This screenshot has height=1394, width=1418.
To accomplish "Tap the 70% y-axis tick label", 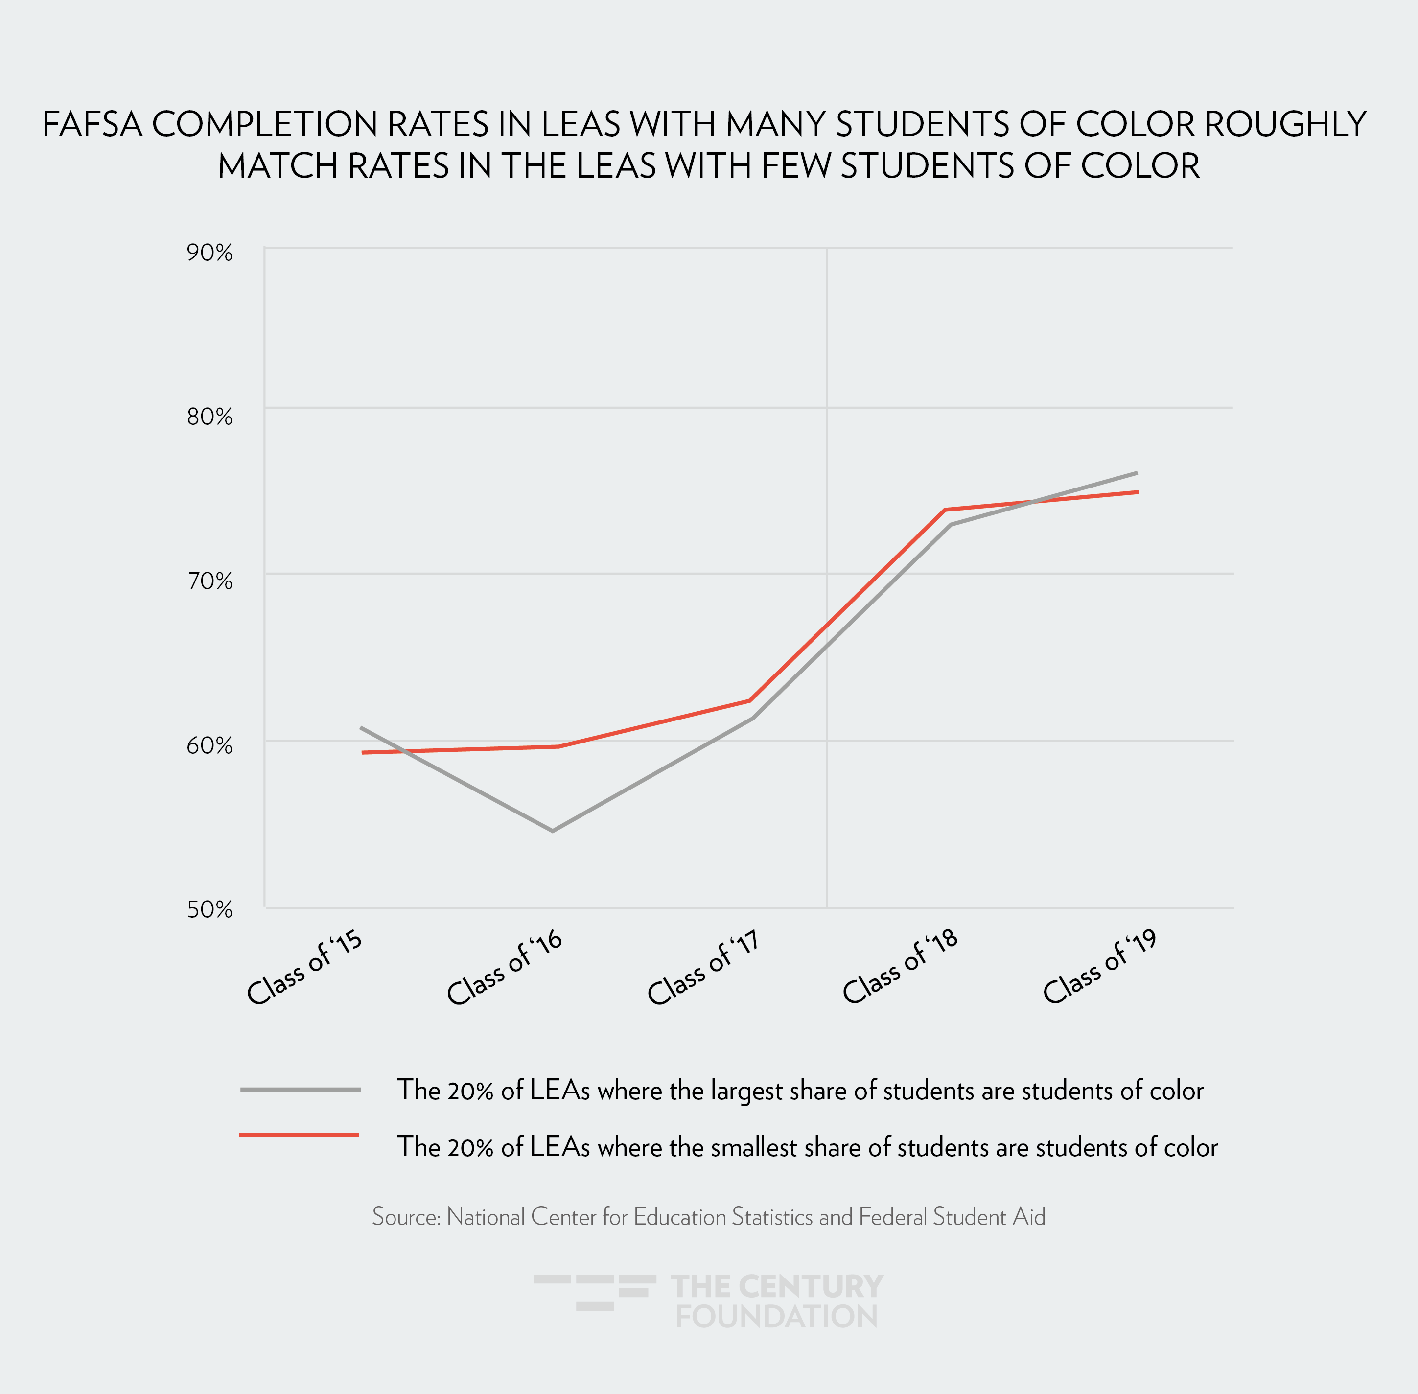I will [209, 582].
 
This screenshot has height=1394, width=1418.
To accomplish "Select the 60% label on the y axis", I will [209, 746].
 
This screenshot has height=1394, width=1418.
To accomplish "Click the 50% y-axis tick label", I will [209, 910].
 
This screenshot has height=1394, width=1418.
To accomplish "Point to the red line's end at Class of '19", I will [1138, 492].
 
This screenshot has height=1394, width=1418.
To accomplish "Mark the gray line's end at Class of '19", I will [1136, 473].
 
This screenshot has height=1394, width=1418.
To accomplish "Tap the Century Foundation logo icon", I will [594, 1292].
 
